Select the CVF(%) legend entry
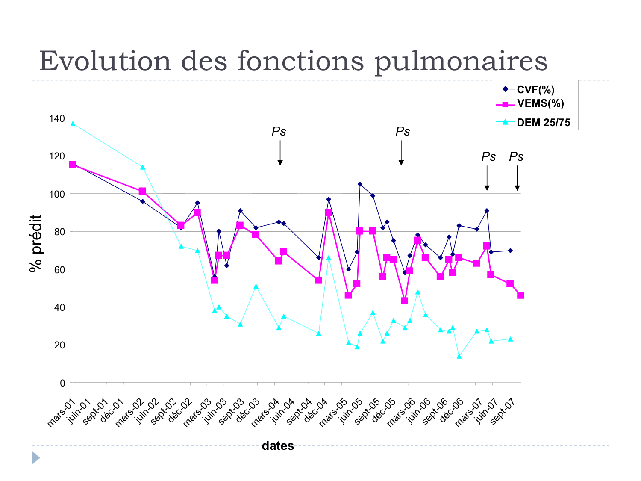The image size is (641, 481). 535,90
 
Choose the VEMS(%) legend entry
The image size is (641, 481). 540,103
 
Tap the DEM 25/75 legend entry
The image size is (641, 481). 543,123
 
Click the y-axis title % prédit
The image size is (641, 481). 36,243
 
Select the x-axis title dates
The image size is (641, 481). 278,446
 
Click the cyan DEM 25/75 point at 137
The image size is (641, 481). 73,124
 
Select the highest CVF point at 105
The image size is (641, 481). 360,184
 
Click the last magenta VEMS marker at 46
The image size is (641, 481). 520,295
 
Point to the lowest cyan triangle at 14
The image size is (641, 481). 459,356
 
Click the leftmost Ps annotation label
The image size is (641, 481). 279,132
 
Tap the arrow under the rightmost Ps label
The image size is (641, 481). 517,178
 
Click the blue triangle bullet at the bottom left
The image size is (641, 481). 35,458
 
